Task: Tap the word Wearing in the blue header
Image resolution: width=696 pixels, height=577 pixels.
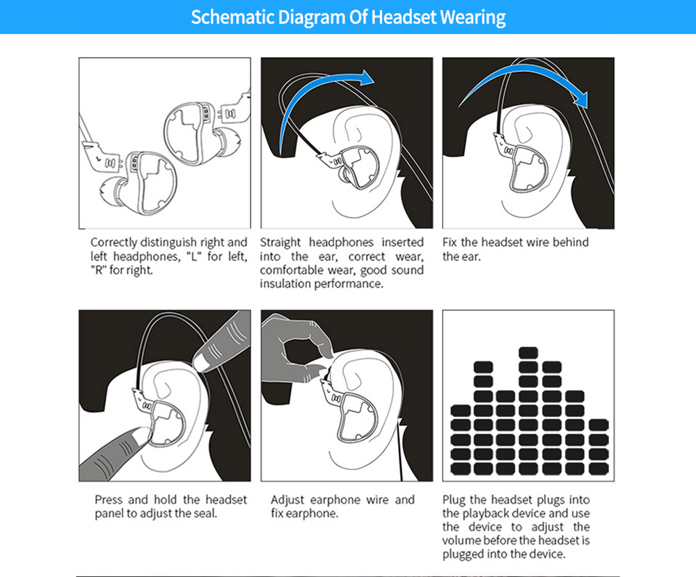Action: (x=472, y=17)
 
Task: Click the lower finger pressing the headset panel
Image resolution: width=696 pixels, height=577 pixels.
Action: (x=118, y=452)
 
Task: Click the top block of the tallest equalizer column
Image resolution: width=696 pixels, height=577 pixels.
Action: (x=528, y=352)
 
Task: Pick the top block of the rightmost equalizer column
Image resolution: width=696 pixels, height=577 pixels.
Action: (x=598, y=425)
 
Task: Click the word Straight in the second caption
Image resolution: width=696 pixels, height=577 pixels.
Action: (x=281, y=243)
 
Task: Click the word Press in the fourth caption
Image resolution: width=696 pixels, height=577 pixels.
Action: (x=110, y=500)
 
